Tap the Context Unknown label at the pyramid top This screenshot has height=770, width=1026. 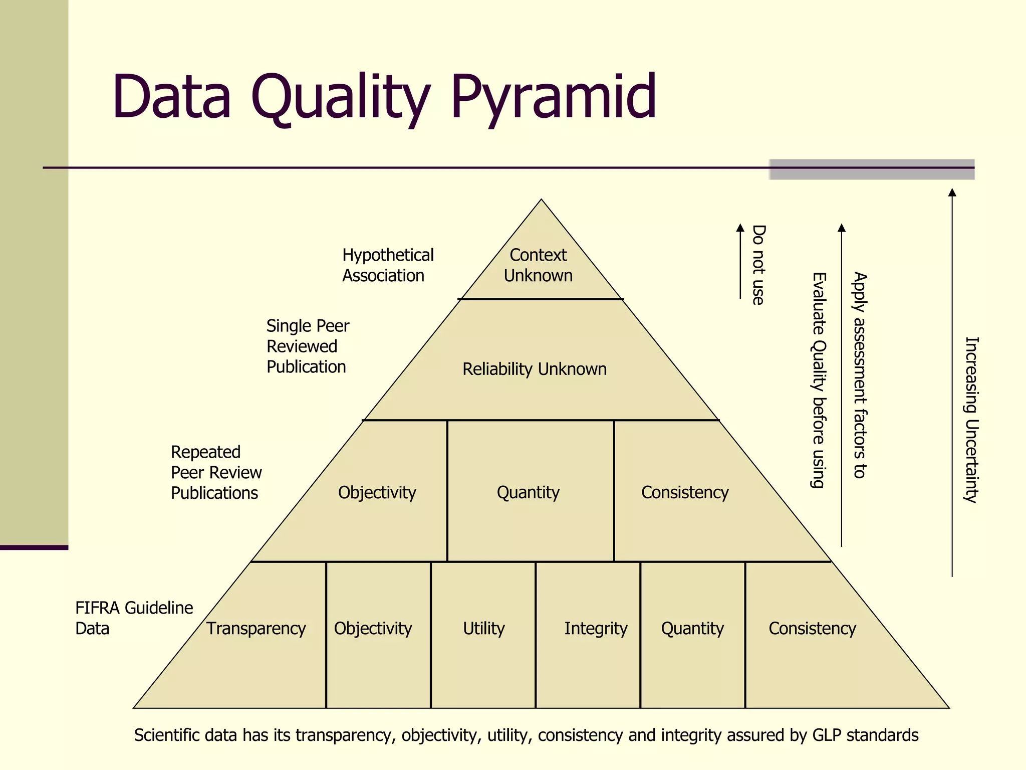point(538,265)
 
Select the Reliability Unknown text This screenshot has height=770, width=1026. point(534,369)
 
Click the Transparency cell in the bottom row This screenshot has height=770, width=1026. point(255,628)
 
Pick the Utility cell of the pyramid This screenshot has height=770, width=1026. point(483,628)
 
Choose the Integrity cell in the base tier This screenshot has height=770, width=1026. point(595,628)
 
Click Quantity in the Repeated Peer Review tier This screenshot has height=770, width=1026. point(528,492)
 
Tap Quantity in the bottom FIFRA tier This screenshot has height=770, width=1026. point(692,628)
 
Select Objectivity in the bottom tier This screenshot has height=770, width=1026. point(373,628)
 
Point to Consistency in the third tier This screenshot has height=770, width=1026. point(685,492)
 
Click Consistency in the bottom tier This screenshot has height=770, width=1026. point(812,628)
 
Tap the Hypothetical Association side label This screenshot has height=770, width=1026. point(387,265)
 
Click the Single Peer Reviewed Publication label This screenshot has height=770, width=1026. point(307,346)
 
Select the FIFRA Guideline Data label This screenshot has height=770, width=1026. point(134,618)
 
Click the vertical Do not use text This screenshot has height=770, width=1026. point(758,265)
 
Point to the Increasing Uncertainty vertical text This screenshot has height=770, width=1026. point(971,419)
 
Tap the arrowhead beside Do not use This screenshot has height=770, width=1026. point(740,228)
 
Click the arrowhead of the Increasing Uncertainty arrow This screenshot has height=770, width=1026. point(952,192)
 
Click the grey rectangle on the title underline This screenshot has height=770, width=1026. point(872,169)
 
